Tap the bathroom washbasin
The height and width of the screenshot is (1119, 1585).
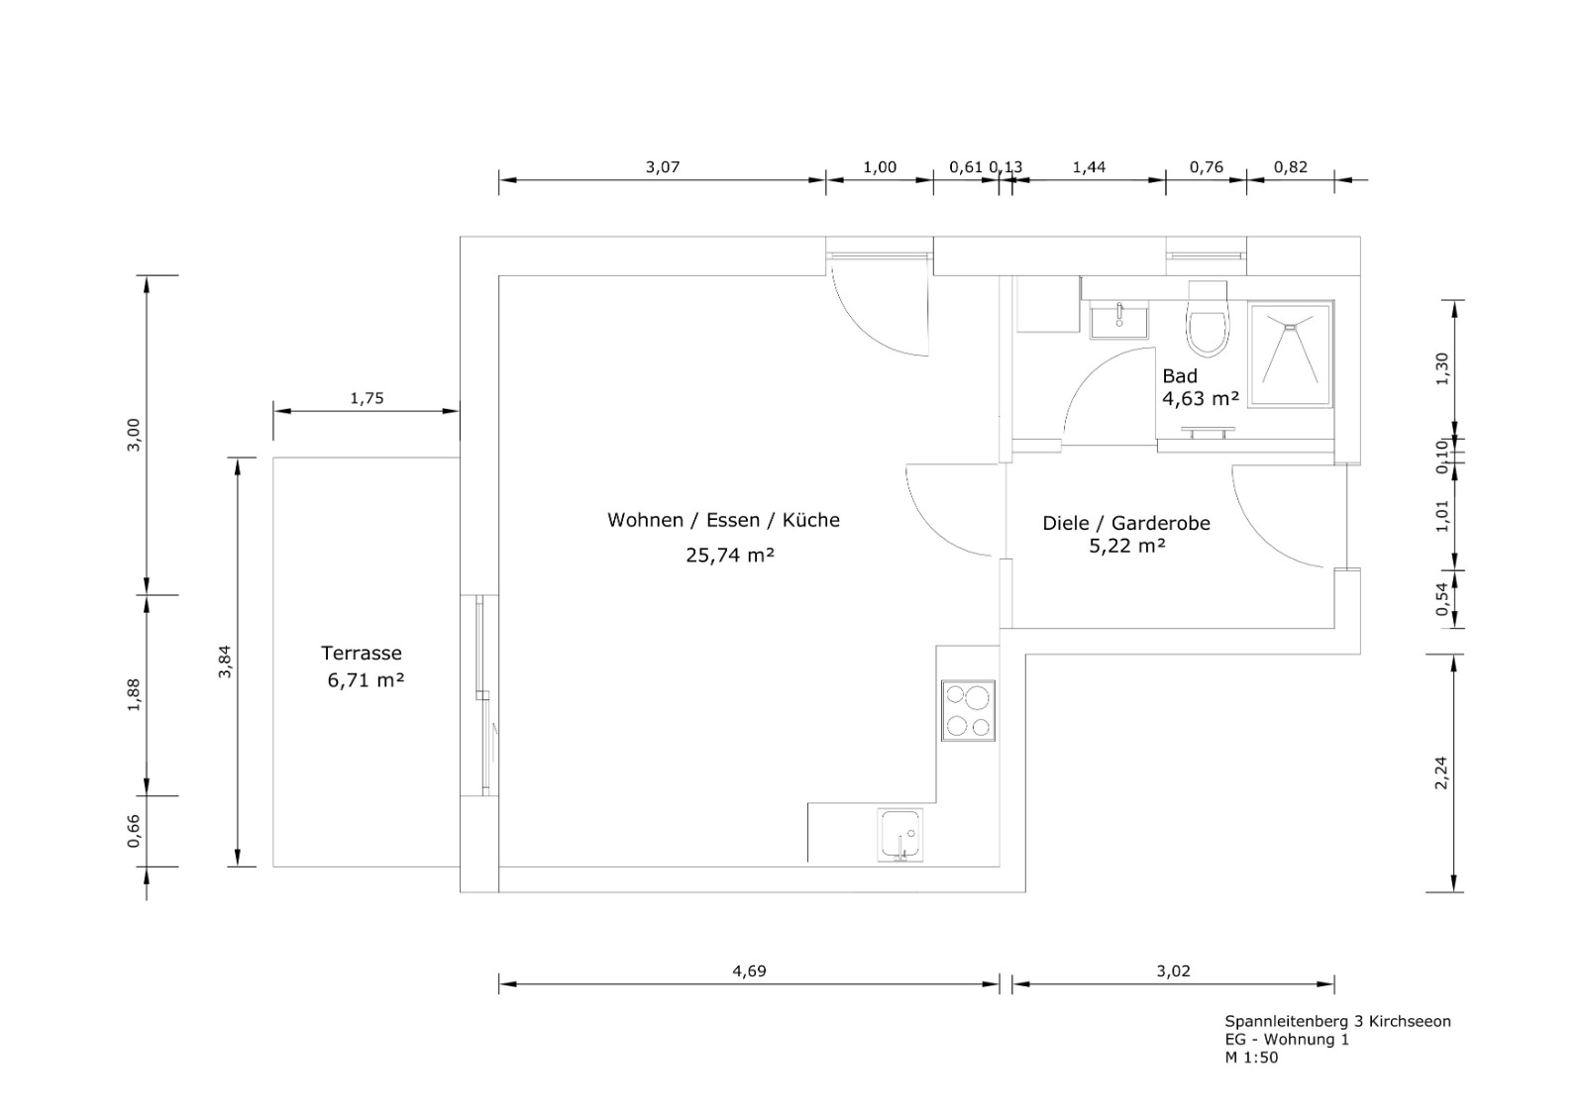[1118, 319]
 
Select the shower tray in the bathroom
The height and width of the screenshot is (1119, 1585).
[1291, 354]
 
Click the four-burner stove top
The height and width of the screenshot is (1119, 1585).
[968, 711]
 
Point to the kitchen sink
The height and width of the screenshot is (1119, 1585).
[900, 835]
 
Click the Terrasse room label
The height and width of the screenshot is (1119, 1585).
[362, 653]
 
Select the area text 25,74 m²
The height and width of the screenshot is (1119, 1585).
[730, 556]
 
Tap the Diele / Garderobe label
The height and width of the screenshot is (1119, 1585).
[1126, 524]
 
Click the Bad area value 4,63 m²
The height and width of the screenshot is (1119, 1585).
[1201, 398]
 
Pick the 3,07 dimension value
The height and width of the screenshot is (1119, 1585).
[663, 167]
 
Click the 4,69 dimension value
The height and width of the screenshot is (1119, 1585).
[749, 971]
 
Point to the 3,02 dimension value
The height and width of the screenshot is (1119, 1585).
[1174, 971]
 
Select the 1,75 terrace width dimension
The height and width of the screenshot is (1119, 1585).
[367, 398]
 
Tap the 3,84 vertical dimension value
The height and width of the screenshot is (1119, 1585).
[225, 662]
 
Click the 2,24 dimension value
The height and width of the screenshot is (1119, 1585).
[1441, 773]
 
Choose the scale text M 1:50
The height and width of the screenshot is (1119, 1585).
[1252, 1059]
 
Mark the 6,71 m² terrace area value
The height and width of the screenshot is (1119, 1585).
[366, 680]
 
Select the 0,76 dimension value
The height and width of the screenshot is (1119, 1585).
[1207, 167]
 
